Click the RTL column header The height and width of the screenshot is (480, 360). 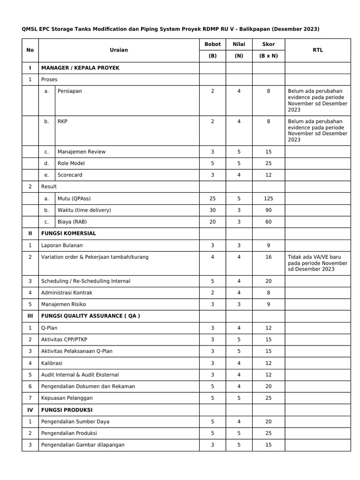(318, 50)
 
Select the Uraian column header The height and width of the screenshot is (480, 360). (119, 50)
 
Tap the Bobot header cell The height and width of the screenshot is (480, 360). (212, 45)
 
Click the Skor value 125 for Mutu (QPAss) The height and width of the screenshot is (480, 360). (268, 199)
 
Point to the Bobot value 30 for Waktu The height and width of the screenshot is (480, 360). (212, 210)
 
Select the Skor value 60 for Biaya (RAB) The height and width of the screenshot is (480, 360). (268, 222)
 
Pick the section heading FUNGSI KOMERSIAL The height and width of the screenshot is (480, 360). (68, 233)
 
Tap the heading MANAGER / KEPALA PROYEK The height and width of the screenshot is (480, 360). (80, 68)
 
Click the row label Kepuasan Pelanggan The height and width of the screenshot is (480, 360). (67, 398)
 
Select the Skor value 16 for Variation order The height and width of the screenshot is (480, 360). (268, 257)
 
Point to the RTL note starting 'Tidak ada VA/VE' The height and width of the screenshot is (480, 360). (318, 263)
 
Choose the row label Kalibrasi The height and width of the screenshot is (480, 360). (52, 363)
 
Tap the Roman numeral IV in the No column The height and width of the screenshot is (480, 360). (30, 410)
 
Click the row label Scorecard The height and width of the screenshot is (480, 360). (70, 175)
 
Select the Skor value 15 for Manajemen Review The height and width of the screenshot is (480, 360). (268, 152)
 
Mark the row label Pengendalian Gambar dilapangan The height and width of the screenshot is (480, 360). (83, 445)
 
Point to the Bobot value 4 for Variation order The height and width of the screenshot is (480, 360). (212, 257)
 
